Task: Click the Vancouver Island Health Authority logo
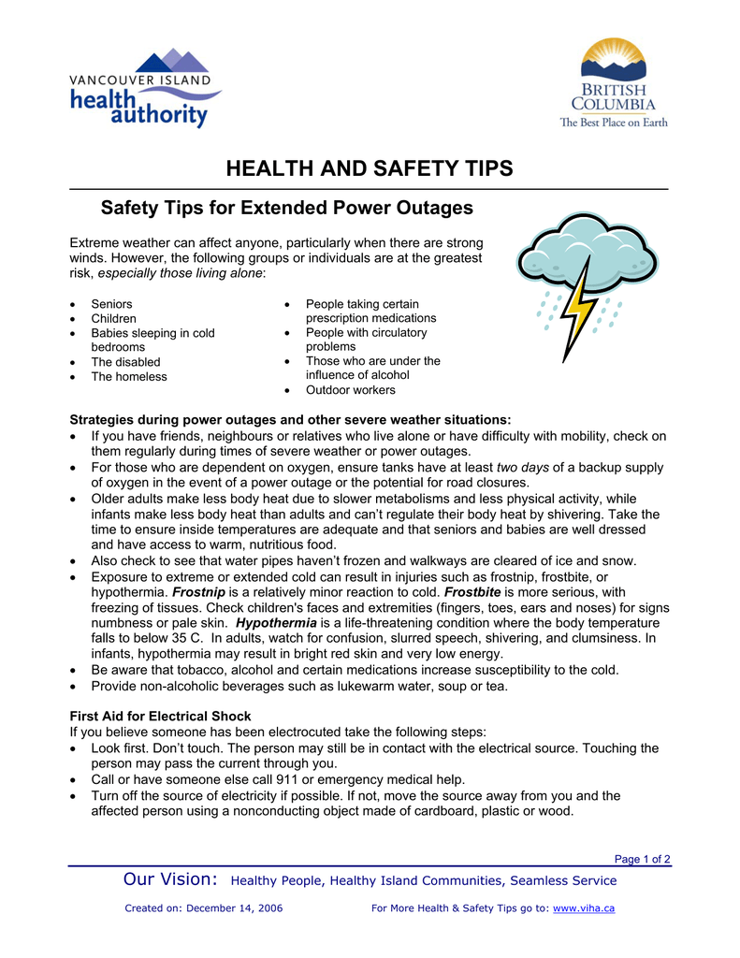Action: [x=145, y=91]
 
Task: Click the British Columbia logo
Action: [x=614, y=83]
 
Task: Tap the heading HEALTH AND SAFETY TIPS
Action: [x=370, y=168]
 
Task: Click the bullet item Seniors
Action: [x=111, y=304]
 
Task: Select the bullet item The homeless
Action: [x=129, y=377]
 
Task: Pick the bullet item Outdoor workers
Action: [x=350, y=390]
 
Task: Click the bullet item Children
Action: [x=113, y=319]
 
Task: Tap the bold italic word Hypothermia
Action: [x=276, y=623]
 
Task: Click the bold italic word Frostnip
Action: [x=198, y=592]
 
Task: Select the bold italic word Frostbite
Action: [x=472, y=592]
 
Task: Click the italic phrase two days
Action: [x=522, y=467]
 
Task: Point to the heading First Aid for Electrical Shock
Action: [x=161, y=717]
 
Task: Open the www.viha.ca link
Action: [x=584, y=908]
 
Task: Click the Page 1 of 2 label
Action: [x=642, y=859]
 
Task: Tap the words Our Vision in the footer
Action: [x=171, y=880]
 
